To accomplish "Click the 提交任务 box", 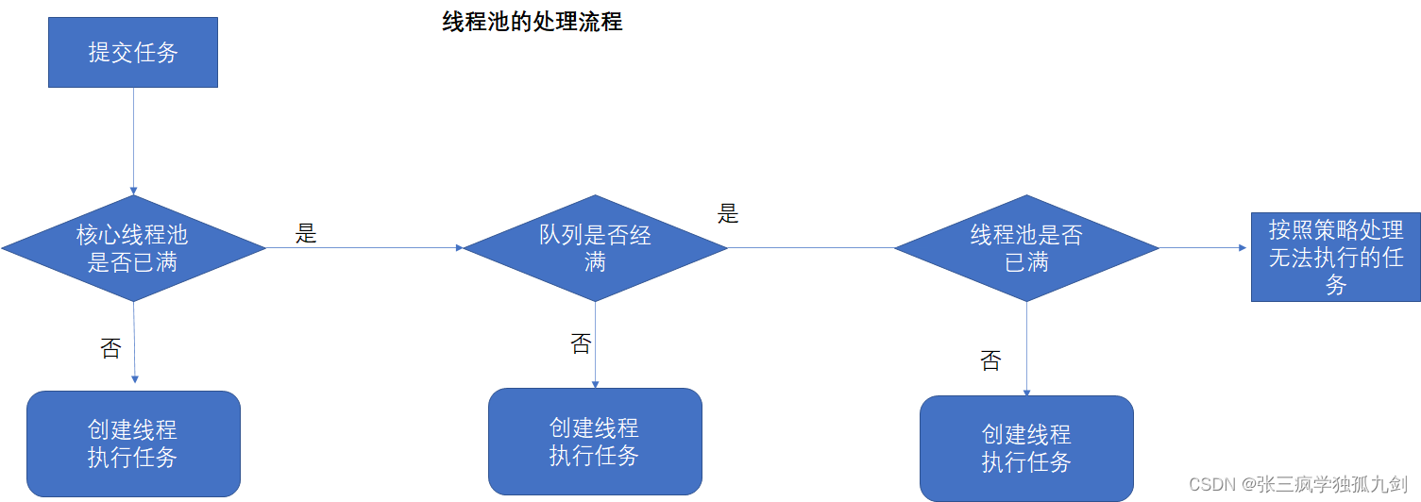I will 133,52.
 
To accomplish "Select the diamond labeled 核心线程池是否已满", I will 133,248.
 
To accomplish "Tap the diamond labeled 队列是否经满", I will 595,248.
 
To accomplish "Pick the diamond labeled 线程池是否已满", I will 1026,248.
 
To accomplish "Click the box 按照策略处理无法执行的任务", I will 1335,257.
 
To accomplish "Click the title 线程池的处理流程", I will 533,22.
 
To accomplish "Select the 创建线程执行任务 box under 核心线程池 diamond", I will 133,443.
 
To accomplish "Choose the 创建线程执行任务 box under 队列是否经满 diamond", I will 595,442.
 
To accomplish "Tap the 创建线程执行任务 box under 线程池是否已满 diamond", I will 1026,448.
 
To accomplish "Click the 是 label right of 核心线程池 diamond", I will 306,234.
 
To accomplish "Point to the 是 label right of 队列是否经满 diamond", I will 728,213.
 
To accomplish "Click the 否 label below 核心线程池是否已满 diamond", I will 110,348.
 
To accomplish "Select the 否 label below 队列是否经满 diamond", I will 581,343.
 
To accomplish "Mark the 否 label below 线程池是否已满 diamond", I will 990,360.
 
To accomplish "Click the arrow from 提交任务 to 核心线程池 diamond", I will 133,142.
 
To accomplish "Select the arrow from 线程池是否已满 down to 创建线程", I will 1026,349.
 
